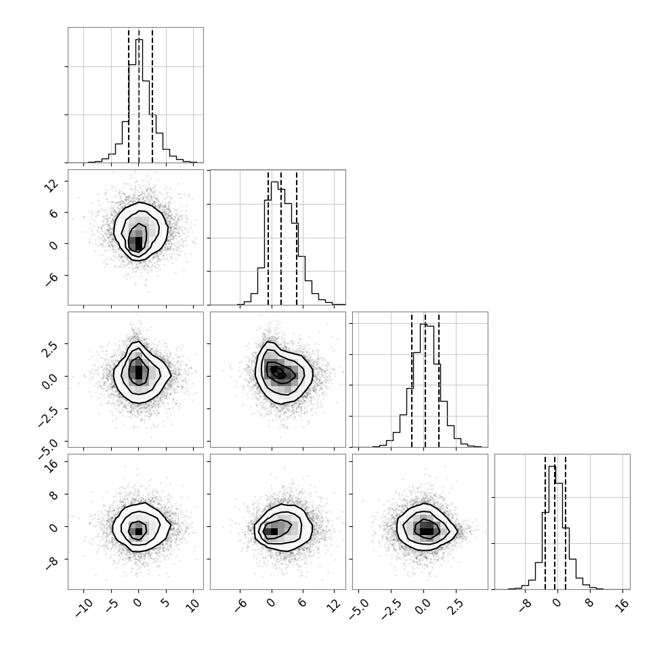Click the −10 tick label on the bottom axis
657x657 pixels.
(84, 607)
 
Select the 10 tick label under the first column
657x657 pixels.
(194, 605)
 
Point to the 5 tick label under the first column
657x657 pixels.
(166, 603)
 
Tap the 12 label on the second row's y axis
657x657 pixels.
(51, 185)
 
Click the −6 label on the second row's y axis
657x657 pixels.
(51, 278)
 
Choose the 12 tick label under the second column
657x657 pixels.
(335, 605)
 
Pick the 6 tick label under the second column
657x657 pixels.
(303, 603)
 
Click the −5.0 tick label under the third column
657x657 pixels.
(360, 609)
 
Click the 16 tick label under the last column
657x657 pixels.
(624, 605)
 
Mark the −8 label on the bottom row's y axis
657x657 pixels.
(51, 562)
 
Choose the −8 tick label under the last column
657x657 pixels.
(525, 606)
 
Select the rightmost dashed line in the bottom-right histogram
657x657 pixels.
(566, 522)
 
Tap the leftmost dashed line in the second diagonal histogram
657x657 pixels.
(268, 238)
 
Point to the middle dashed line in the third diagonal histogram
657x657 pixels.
(425, 381)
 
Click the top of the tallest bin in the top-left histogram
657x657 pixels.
(139, 40)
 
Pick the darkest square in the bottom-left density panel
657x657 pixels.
(139, 531)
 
